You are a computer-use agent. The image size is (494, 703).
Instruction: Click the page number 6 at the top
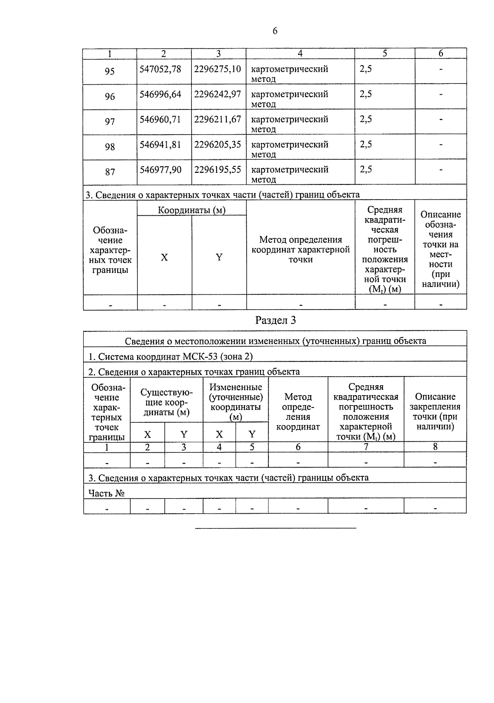pos(275,31)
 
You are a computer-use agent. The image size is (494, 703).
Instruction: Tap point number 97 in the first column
pos(110,122)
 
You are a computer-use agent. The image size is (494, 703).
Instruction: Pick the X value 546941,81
pos(160,144)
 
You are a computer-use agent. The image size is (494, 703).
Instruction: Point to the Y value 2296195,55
pos(217,170)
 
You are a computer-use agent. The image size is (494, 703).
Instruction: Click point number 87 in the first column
pos(110,172)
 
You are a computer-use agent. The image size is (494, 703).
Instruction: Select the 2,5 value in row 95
pos(366,69)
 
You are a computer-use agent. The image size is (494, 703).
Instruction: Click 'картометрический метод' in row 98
pos(289,149)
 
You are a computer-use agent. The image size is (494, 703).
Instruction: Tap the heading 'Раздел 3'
pos(275,320)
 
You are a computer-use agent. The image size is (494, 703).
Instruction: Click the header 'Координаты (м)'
pos(192,210)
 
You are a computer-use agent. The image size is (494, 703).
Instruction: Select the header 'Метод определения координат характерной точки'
pos(301,249)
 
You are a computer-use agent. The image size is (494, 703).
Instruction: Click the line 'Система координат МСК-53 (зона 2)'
pos(170,356)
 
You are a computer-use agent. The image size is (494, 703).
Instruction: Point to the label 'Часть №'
pos(107,493)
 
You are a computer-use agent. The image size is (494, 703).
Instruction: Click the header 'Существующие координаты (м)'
pos(166,402)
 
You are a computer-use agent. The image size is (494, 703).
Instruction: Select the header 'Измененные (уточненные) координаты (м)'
pos(235,402)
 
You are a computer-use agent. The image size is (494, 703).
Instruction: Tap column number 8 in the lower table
pos(435,447)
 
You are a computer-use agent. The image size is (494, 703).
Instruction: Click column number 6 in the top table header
pos(440,54)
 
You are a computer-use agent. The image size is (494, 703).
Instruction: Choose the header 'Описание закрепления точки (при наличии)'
pos(435,411)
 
